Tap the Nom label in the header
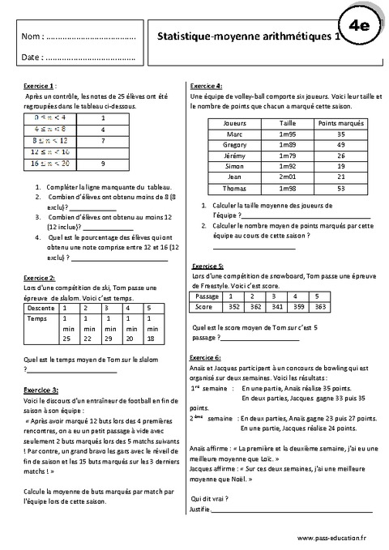pos(31,37)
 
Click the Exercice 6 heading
pos(207,334)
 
